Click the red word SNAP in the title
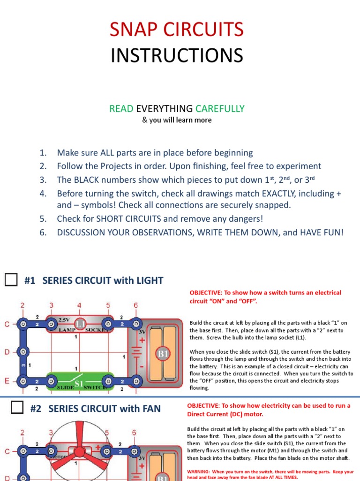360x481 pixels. click(x=133, y=29)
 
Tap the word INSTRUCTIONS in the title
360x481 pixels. click(x=177, y=55)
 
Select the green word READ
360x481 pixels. click(x=121, y=109)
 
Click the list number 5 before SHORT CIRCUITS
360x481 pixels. click(x=43, y=219)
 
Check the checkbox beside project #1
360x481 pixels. click(x=11, y=280)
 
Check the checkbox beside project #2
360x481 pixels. click(x=17, y=408)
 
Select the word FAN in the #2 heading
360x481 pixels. click(x=150, y=409)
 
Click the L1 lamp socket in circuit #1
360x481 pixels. click(x=80, y=325)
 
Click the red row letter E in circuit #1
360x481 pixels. click(x=7, y=381)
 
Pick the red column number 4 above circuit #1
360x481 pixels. click(x=79, y=306)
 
